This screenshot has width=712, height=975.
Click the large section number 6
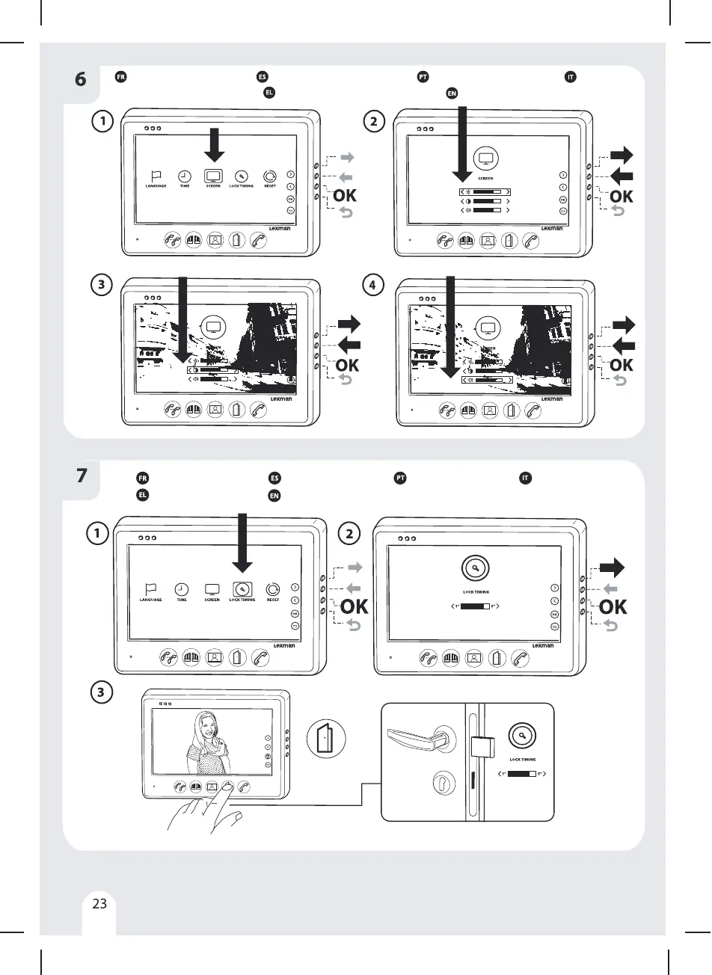coord(80,79)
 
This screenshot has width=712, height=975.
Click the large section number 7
coord(82,476)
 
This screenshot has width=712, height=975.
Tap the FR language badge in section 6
coord(120,77)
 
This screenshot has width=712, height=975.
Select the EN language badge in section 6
coord(452,93)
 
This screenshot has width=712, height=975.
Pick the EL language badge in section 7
coord(141,495)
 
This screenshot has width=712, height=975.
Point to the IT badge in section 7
coord(525,478)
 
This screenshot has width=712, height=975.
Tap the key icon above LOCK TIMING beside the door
coord(523,736)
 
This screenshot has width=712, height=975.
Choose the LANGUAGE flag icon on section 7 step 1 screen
coord(151,588)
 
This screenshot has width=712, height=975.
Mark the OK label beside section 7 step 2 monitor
coord(612,606)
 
